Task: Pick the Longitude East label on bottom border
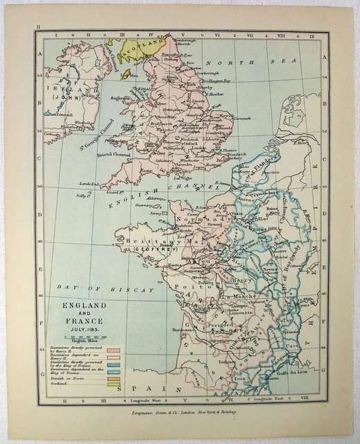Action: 271,400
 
